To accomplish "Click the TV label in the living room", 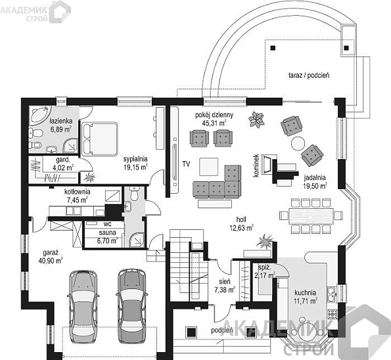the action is pos(186,164).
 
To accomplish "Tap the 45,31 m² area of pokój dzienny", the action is pos(214,123).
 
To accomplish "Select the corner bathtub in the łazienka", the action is pos(40,116).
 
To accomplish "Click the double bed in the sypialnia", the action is pos(100,139).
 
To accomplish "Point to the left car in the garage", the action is pos(83,307).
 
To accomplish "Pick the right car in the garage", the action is pos(132,306).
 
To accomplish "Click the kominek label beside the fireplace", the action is pos(256,166).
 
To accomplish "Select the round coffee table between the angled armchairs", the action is pos(298,143).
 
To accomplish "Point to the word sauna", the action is pos(108,233).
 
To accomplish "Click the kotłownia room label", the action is pos(78,192).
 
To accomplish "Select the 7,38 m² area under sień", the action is pos(225,290).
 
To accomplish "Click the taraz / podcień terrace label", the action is pos(309,75).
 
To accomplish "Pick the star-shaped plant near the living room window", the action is pos(256,120).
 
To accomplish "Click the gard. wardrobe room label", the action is pos(63,159).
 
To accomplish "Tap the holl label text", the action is pos(241,219).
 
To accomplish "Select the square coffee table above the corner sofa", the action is pos(209,167).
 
